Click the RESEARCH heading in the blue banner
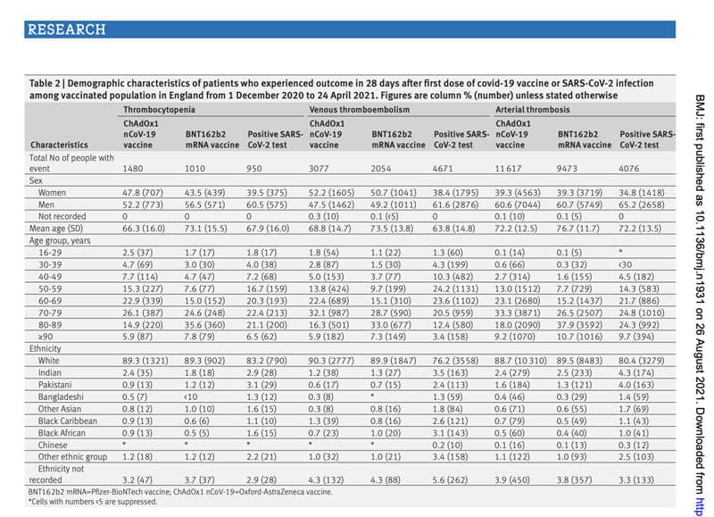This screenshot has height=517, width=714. coord(67,29)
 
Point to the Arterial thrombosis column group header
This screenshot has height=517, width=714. coord(535,109)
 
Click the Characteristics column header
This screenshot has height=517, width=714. coord(60,144)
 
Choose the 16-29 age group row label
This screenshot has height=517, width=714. coord(52,253)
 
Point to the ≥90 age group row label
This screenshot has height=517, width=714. coord(46,338)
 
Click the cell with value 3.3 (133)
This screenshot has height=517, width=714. coord(642,479)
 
